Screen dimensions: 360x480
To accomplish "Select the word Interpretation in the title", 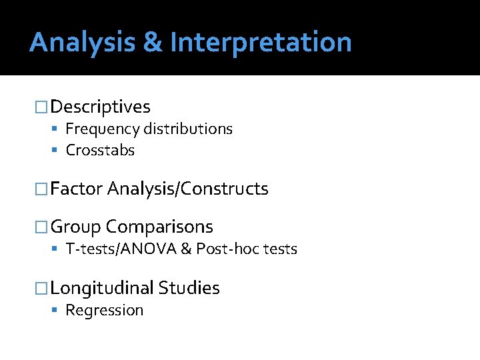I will point(261,43).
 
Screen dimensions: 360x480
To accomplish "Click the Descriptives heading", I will point(100,107).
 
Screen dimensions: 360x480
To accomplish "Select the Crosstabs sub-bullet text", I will point(100,151).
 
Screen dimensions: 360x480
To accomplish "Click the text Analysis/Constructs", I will point(188,189).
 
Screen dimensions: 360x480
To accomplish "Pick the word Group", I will point(75,227).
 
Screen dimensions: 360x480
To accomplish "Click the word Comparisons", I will point(160,227).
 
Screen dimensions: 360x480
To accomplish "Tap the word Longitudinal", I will point(101,288).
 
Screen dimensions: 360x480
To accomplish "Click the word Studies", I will point(189,288).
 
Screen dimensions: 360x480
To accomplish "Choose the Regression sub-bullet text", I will point(105,311).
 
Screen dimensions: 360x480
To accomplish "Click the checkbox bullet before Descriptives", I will point(42,107).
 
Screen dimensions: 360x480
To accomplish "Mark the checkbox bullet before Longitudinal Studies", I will point(42,288).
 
